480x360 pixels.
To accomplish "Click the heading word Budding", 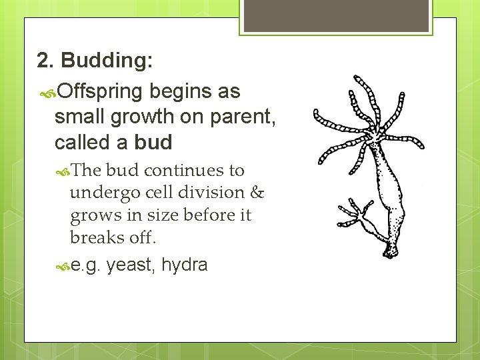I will [107, 61].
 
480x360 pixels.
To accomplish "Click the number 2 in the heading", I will [45, 61].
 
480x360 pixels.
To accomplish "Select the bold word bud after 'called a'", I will [153, 142].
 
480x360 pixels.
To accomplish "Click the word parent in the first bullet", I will [240, 117].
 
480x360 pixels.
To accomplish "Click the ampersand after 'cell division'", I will [257, 193].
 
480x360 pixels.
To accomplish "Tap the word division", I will [217, 193].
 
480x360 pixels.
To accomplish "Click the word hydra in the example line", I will [184, 265].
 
